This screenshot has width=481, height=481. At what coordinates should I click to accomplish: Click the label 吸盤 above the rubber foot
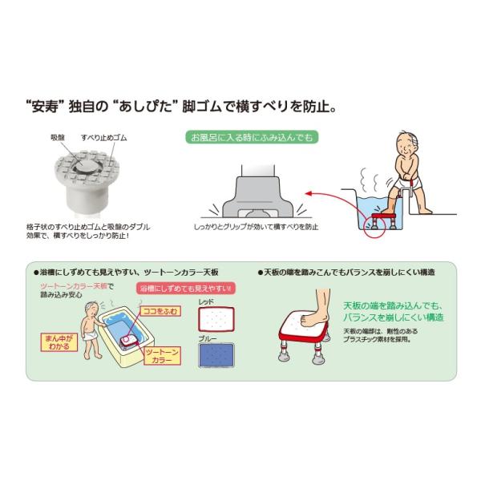click(58, 138)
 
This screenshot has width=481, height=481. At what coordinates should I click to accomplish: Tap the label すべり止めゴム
click(104, 138)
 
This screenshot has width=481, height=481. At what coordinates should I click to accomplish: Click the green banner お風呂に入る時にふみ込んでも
click(252, 137)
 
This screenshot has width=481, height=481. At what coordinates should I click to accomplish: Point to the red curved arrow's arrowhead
click(309, 193)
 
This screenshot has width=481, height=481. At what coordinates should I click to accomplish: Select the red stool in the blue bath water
click(383, 221)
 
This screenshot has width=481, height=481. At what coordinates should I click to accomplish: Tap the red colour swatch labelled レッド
click(216, 319)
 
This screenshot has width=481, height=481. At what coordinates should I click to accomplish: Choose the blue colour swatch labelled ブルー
click(216, 355)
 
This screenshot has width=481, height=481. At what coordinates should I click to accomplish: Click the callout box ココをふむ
click(160, 311)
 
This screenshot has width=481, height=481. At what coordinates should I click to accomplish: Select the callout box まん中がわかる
click(59, 342)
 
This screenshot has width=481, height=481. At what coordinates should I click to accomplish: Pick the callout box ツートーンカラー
click(162, 356)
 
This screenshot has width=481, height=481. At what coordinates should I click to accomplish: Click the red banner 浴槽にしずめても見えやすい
click(186, 289)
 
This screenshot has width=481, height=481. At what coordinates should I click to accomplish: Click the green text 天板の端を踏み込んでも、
click(393, 306)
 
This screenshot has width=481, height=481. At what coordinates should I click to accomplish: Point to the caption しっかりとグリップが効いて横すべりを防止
click(256, 227)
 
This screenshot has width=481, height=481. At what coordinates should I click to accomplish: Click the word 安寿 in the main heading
click(45, 107)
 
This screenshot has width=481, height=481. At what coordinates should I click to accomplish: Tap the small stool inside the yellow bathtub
click(129, 342)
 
